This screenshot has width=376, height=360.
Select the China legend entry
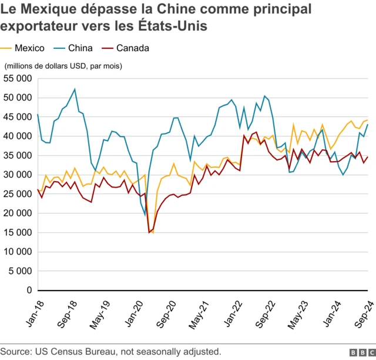point(80,48)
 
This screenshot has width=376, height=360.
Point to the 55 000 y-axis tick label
point(17,78)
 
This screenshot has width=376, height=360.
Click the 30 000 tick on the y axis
point(17,175)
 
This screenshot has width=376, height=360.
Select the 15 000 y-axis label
point(17,232)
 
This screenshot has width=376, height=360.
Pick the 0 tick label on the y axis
point(28,291)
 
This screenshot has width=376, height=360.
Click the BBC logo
point(361,352)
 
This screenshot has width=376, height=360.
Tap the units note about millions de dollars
point(63,66)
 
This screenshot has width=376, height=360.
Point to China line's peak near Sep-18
point(75,89)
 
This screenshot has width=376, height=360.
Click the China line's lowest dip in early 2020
point(145,215)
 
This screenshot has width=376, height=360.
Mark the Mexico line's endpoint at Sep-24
point(368,119)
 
